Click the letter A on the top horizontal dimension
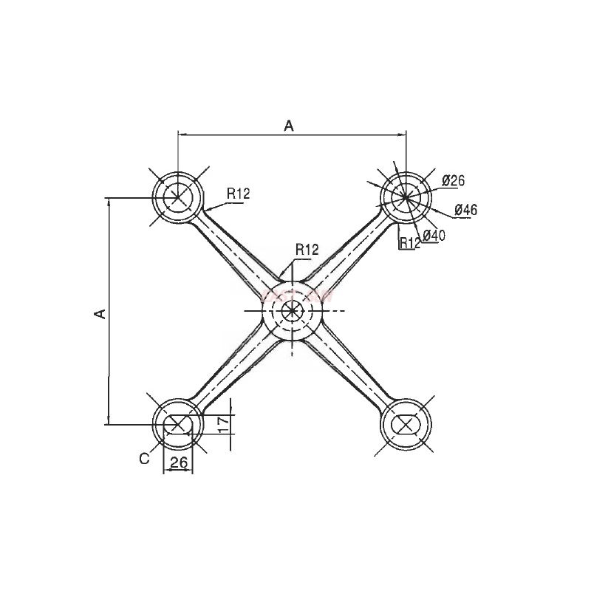(x=290, y=126)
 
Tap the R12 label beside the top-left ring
(x=239, y=194)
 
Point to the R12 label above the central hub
(x=306, y=249)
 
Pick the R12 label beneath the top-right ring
(x=409, y=242)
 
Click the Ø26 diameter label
(x=453, y=180)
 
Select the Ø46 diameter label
(x=465, y=210)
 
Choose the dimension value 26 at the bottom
(x=177, y=462)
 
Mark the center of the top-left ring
(x=177, y=197)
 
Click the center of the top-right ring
(x=405, y=197)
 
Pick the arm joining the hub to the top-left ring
(x=233, y=251)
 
